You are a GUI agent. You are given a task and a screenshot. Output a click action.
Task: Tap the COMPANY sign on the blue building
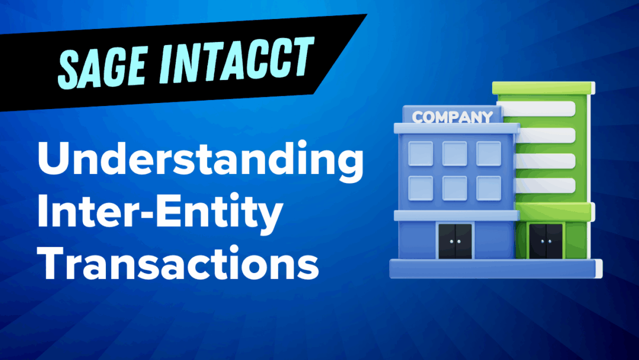pyautogui.click(x=453, y=117)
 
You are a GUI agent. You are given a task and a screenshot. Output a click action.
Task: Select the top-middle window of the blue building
pyautogui.click(x=454, y=153)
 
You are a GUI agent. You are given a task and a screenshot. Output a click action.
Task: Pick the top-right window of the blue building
pyautogui.click(x=489, y=153)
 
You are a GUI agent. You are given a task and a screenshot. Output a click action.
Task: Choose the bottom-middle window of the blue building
pyautogui.click(x=454, y=188)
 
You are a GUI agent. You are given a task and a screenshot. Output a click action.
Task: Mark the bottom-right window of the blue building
pyautogui.click(x=489, y=188)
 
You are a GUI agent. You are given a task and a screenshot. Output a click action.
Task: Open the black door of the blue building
pyautogui.click(x=454, y=242)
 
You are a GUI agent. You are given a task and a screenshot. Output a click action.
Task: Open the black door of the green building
pyautogui.click(x=546, y=241)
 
